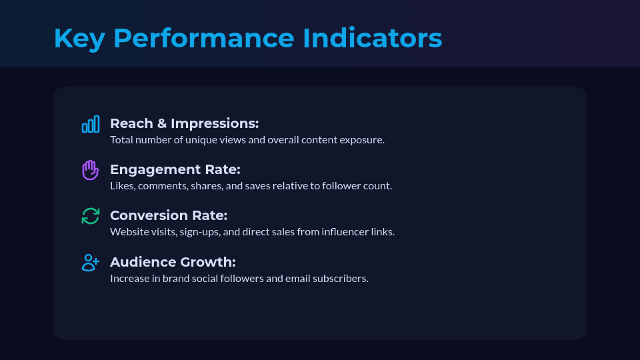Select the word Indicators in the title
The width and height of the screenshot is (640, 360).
point(372,39)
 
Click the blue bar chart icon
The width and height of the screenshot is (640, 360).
point(91,124)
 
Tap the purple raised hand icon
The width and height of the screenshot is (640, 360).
point(91,170)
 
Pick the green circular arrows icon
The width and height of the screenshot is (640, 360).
point(91,216)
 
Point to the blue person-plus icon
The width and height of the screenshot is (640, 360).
point(91,262)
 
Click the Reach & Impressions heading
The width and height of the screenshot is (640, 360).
point(184,123)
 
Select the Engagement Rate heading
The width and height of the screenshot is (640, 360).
point(175,169)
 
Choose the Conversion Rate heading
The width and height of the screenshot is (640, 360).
point(169,215)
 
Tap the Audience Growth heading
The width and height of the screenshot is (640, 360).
point(173,261)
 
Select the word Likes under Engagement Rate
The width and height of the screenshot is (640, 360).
point(122,186)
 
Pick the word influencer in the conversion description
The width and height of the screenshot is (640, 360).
point(339,232)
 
